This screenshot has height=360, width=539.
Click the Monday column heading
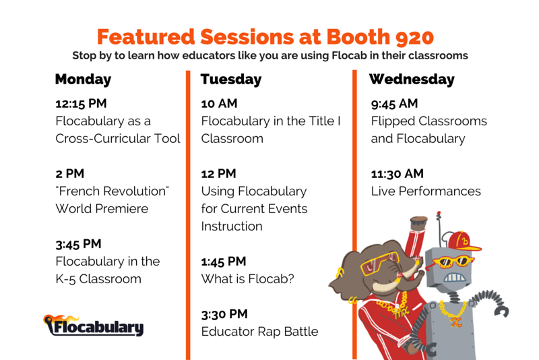[x=83, y=80]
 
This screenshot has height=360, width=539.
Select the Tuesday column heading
[x=231, y=80]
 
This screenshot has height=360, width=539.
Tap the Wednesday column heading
[x=412, y=80]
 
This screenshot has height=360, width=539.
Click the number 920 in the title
[x=414, y=37]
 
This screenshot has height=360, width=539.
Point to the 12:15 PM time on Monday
[x=81, y=104]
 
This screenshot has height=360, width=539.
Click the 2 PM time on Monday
[x=70, y=174]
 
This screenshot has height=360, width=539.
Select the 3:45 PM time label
[x=78, y=244]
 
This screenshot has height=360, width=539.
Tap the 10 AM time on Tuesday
[x=219, y=104]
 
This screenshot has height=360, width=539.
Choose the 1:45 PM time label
[x=224, y=262]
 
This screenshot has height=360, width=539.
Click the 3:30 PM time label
[x=224, y=314]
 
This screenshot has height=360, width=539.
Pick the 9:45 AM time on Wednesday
[x=394, y=104]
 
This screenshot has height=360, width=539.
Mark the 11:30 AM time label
[x=397, y=174]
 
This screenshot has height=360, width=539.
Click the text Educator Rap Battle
[x=259, y=332]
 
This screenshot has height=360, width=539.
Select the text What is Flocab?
[x=247, y=279]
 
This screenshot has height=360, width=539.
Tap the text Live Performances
[x=426, y=191]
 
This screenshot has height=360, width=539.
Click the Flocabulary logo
[x=93, y=325]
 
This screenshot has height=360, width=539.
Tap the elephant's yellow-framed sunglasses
[x=380, y=264]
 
